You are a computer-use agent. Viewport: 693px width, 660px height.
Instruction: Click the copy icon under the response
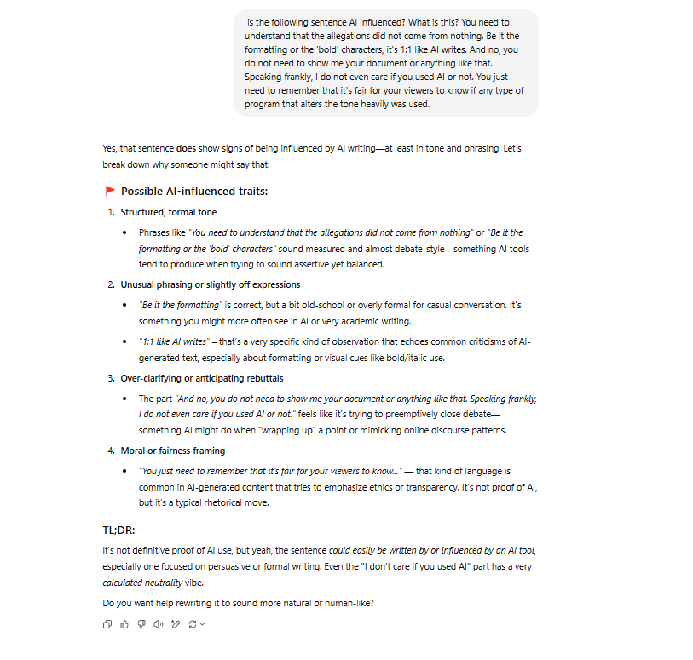(107, 624)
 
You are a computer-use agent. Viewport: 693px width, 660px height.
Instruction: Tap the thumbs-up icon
(124, 624)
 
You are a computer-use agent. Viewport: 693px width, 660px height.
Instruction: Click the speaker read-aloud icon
(159, 624)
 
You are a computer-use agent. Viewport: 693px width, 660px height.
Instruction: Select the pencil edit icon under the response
(176, 624)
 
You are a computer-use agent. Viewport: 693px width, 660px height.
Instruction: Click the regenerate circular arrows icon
(193, 624)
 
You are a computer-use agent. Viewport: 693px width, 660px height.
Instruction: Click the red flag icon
(110, 191)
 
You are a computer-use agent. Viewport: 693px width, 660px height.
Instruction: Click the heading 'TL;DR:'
(118, 530)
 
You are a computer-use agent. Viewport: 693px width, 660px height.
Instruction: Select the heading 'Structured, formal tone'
(169, 212)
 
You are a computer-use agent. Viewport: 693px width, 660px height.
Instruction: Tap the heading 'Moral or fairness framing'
(173, 451)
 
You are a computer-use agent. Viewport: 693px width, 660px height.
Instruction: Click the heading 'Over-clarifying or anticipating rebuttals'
(202, 378)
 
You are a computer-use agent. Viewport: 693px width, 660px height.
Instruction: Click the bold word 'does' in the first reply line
(187, 148)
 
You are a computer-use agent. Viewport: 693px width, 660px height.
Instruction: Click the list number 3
(110, 378)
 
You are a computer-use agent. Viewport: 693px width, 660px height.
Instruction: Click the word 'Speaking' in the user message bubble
(265, 77)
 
